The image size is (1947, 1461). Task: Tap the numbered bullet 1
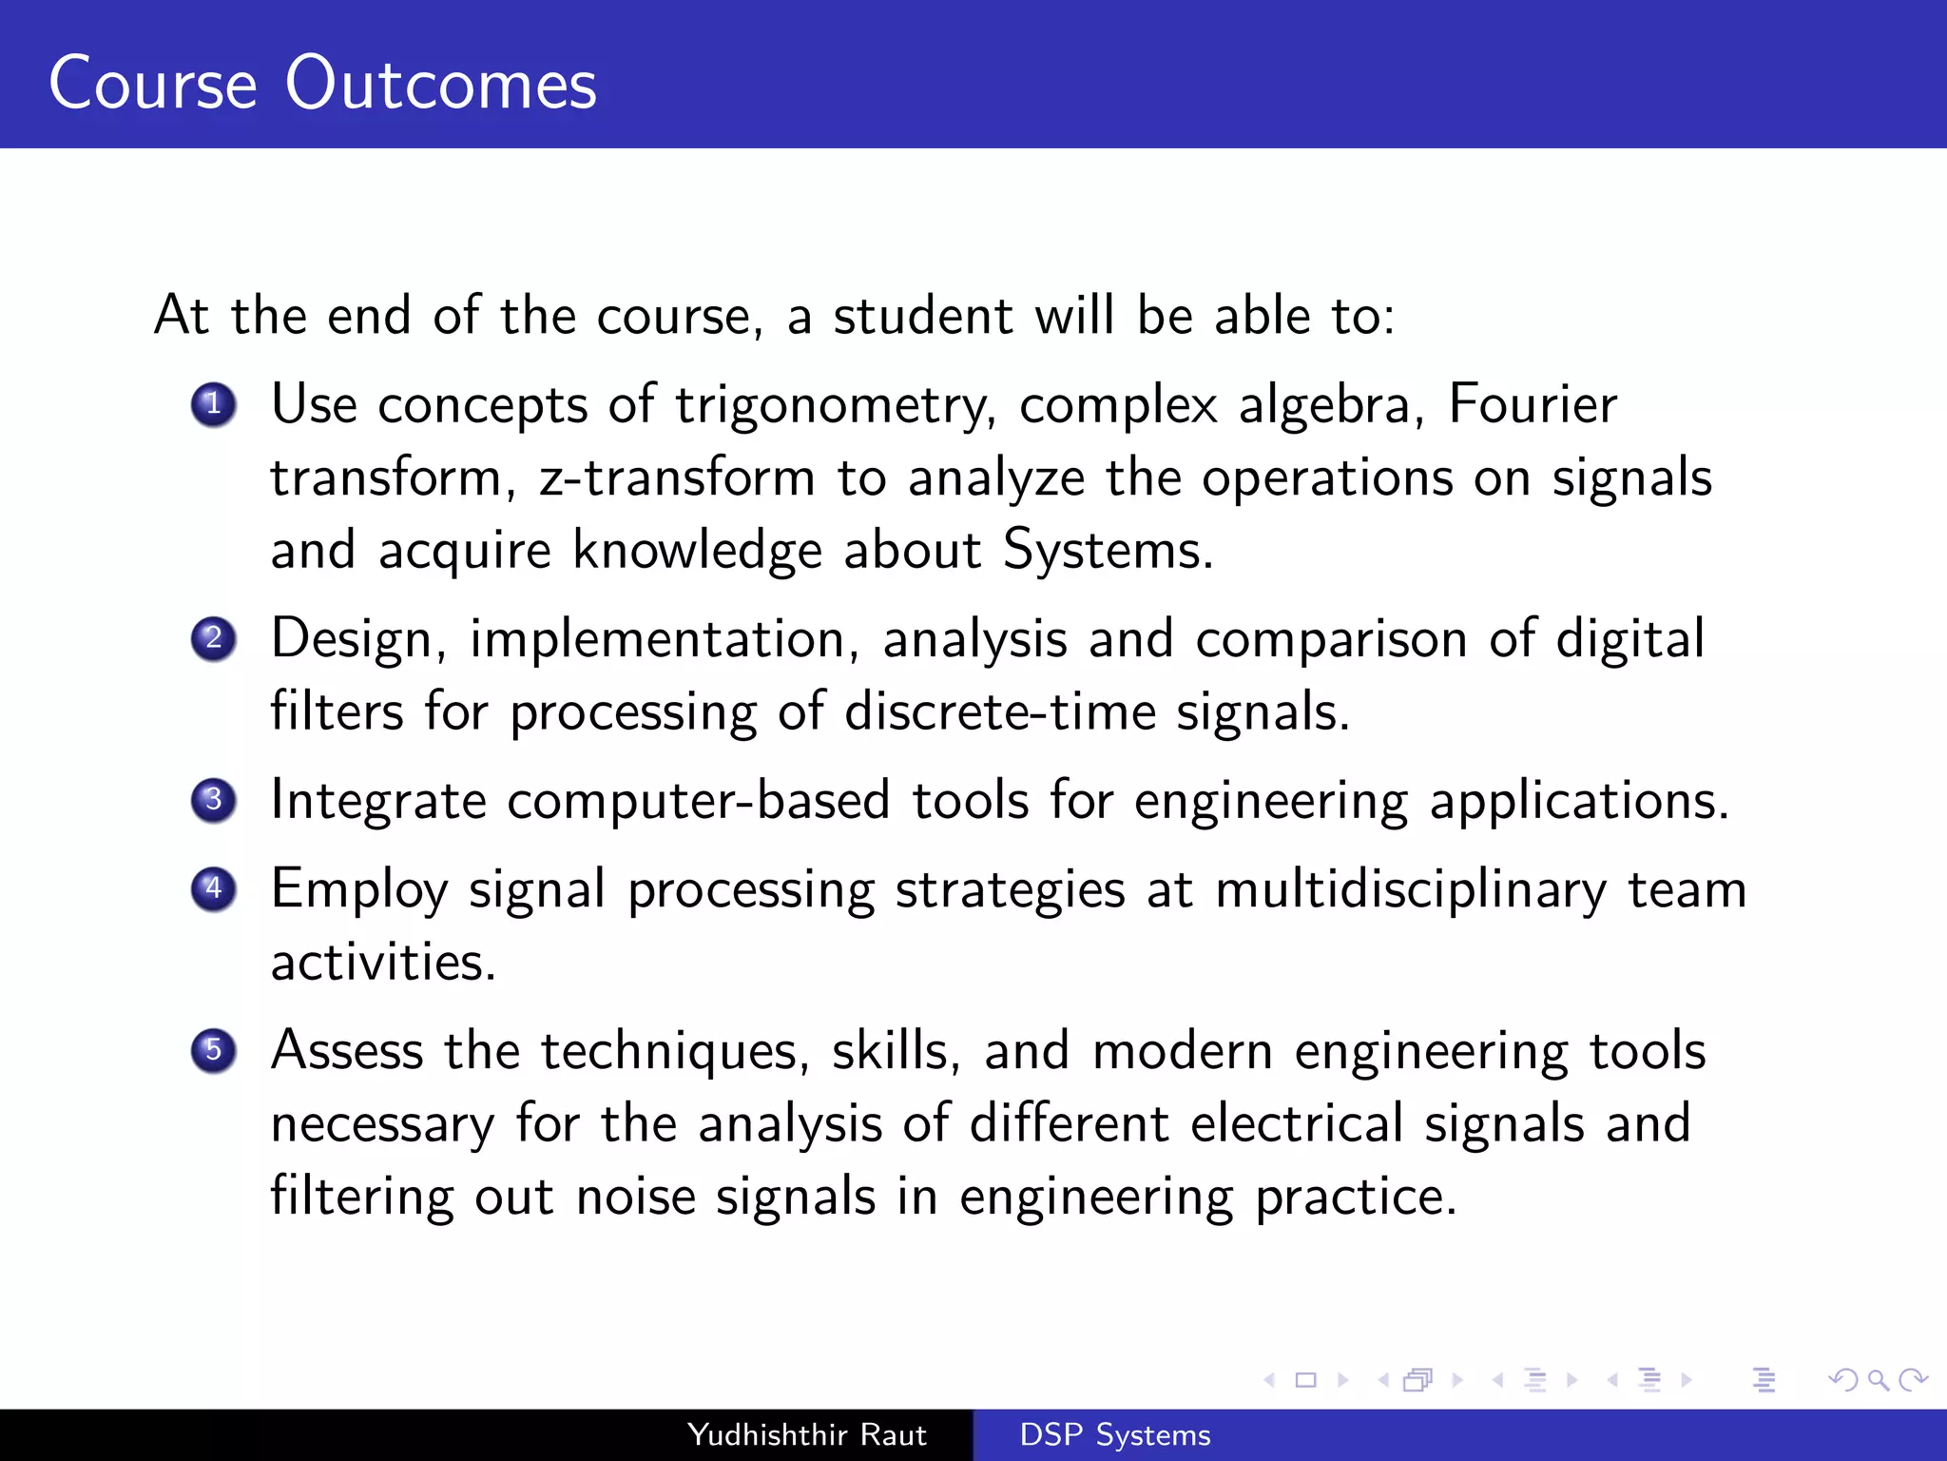(213, 404)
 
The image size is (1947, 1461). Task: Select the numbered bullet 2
(213, 638)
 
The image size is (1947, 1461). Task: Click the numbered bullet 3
(213, 800)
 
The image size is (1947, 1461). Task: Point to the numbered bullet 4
(213, 889)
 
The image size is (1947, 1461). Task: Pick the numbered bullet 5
(213, 1051)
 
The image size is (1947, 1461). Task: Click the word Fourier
(1532, 404)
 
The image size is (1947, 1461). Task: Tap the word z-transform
(677, 477)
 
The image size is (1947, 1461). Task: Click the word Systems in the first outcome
(1108, 550)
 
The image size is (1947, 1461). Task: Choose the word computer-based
(698, 800)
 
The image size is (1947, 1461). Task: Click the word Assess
(347, 1051)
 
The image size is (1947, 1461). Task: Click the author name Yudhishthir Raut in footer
(806, 1434)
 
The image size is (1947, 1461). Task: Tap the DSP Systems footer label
(1114, 1434)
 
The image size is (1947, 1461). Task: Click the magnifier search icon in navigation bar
(1878, 1379)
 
